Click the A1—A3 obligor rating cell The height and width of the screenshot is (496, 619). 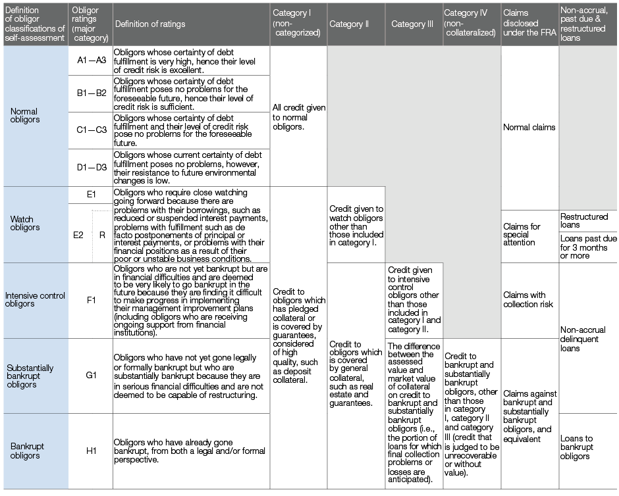tap(91, 60)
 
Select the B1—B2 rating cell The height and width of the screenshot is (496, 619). tap(91, 93)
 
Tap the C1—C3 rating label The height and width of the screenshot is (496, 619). tap(91, 130)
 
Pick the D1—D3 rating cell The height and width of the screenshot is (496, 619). tap(91, 167)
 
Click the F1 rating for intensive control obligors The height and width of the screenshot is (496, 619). tap(91, 300)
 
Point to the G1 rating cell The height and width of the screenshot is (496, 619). tap(91, 376)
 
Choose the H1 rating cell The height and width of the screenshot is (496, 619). tap(91, 451)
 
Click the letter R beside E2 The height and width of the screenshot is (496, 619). tap(102, 234)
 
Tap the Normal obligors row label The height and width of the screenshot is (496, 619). tap(25, 115)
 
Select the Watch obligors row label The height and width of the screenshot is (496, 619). tap(25, 223)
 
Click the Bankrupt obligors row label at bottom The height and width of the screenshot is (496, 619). tap(25, 451)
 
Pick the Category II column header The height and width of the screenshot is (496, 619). tap(349, 24)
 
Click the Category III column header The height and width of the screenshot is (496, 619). tap(412, 24)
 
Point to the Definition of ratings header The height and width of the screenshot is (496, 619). tap(150, 24)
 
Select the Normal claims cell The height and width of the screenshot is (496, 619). tap(529, 128)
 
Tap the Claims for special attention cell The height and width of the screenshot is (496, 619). tap(522, 234)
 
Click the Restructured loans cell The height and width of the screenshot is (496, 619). tap(584, 220)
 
